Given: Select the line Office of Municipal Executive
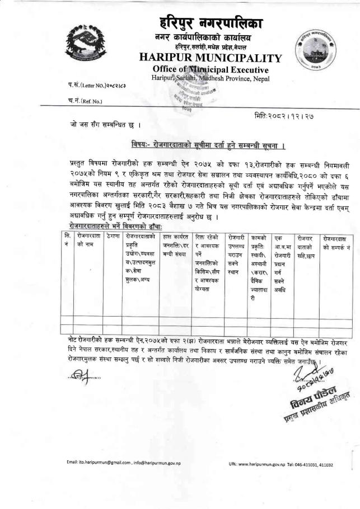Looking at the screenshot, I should pyautogui.click(x=210, y=69).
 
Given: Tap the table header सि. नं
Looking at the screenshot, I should pyautogui.click(x=68, y=241).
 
